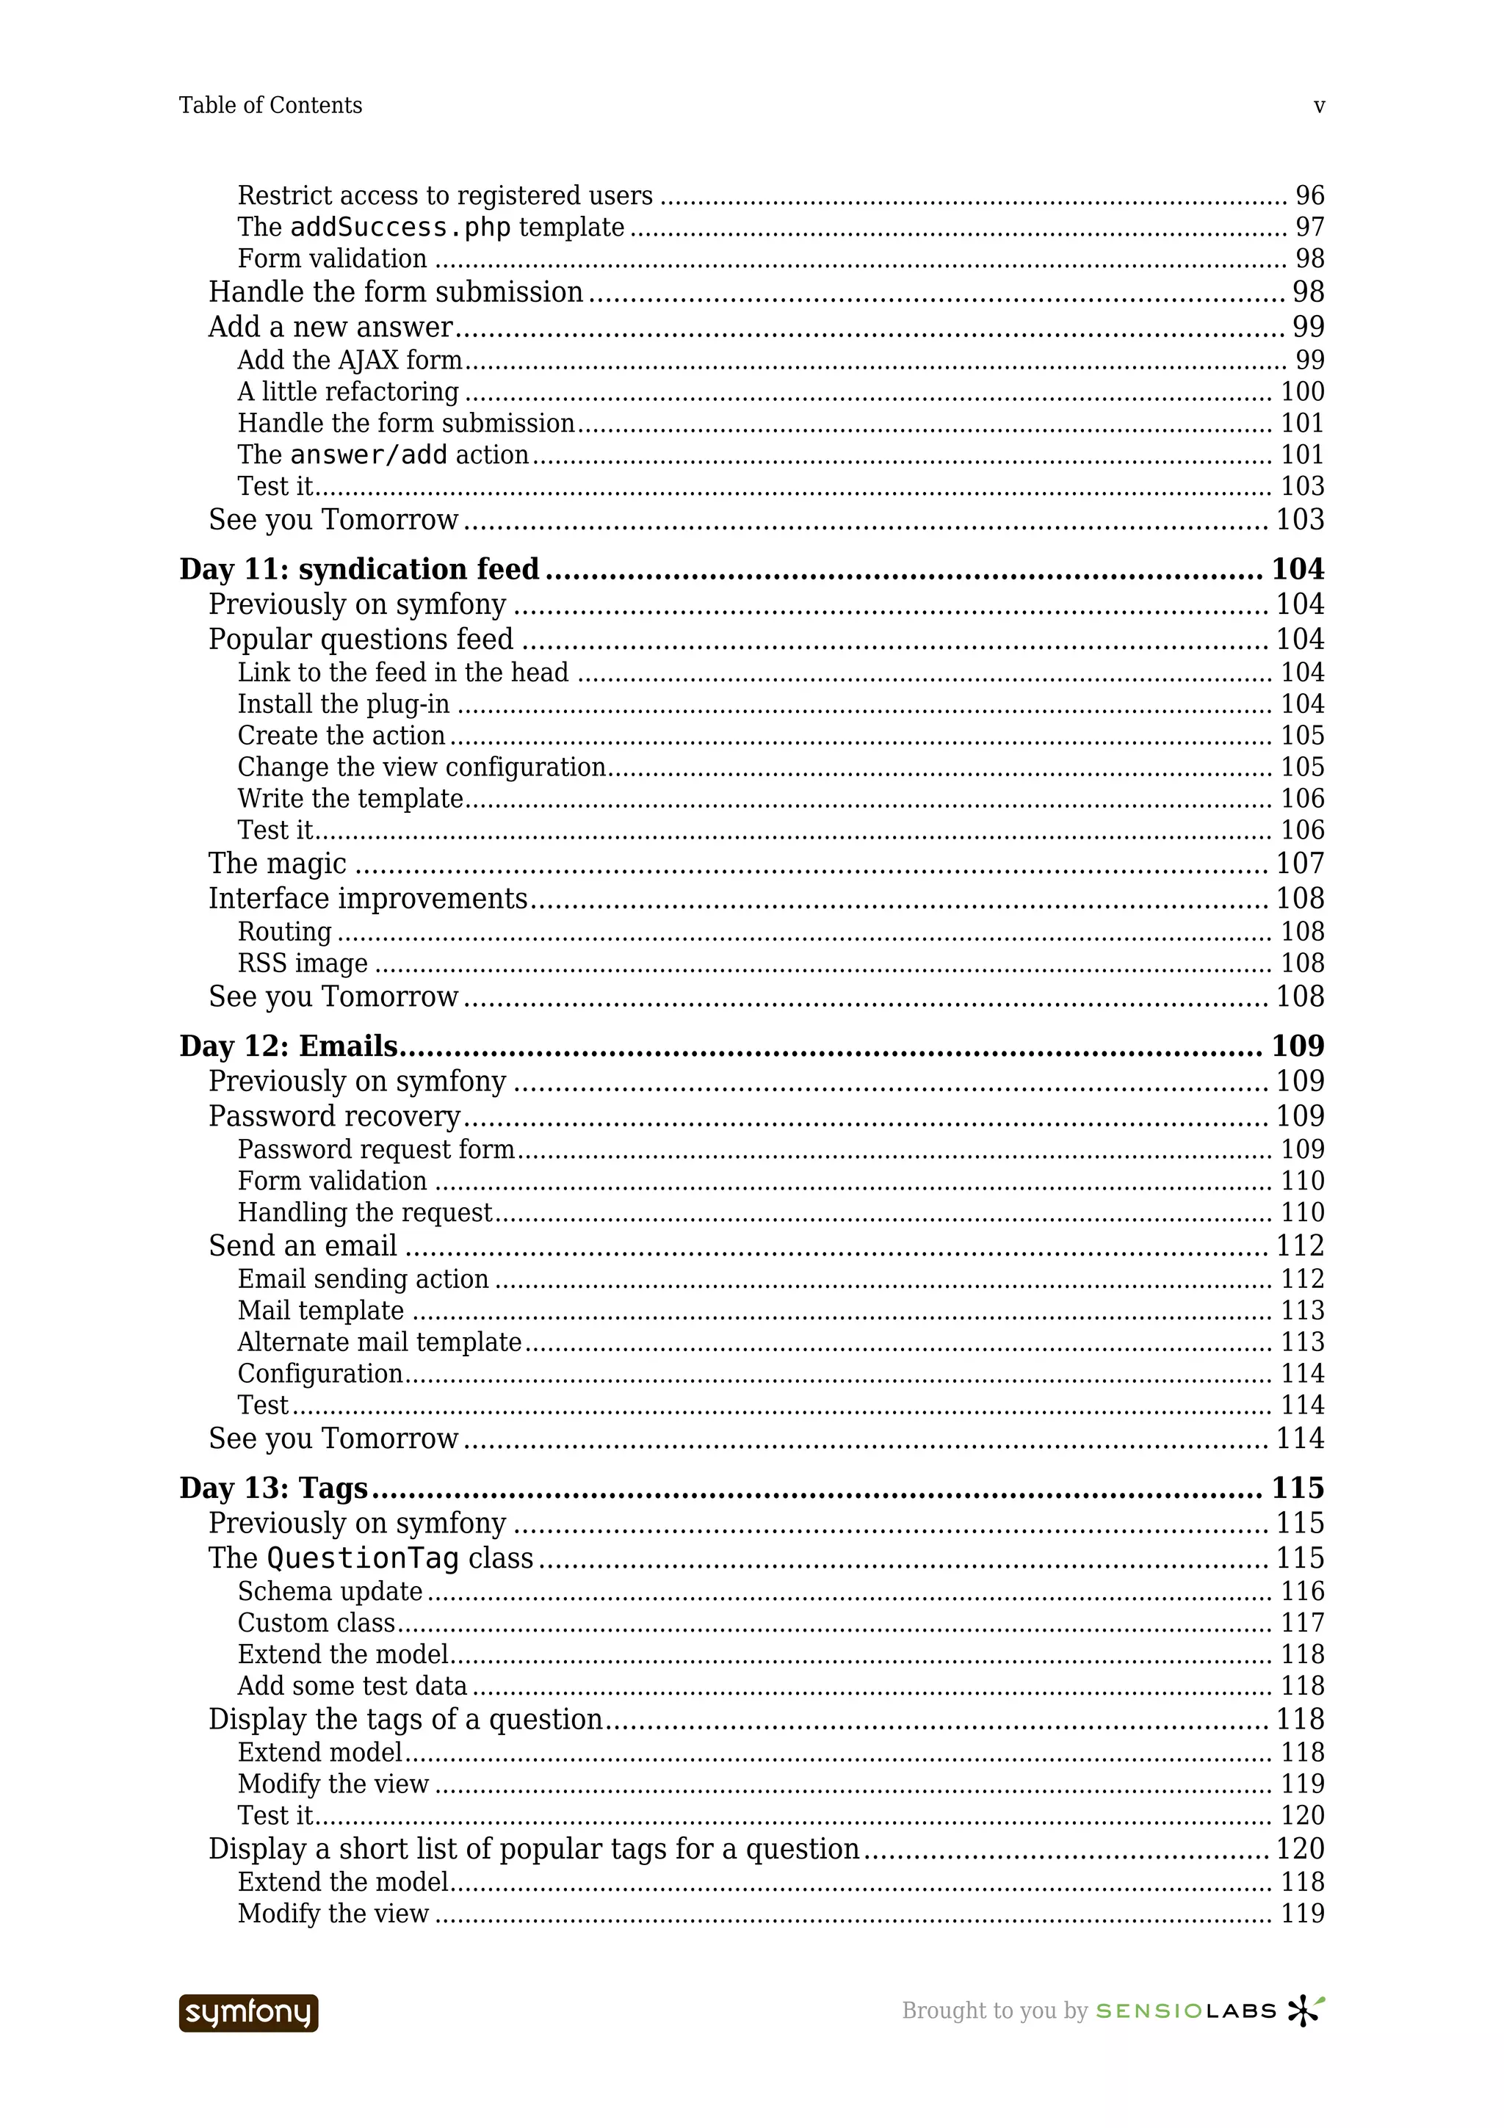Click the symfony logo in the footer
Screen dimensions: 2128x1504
pos(248,2013)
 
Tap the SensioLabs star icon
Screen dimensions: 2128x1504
pos(1305,2011)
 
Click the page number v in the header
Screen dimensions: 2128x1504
pos(1319,106)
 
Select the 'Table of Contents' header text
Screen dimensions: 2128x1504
pos(270,106)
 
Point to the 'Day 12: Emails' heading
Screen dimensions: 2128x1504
pos(288,1046)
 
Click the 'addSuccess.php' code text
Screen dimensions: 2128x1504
pos(400,228)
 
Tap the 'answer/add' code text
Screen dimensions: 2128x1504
pos(368,455)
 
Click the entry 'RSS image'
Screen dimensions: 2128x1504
pos(302,964)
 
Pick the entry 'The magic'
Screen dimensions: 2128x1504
pos(277,864)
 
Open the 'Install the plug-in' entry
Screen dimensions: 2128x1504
pos(343,704)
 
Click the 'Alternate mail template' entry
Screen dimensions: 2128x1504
pos(379,1342)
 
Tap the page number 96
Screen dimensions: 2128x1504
pos(1309,195)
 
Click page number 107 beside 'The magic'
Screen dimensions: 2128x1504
pos(1300,864)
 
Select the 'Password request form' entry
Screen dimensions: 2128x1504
pos(375,1149)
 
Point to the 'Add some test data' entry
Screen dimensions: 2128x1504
pos(352,1686)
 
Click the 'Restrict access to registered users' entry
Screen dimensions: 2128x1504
pos(445,195)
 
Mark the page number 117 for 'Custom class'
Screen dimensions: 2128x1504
pos(1302,1623)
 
